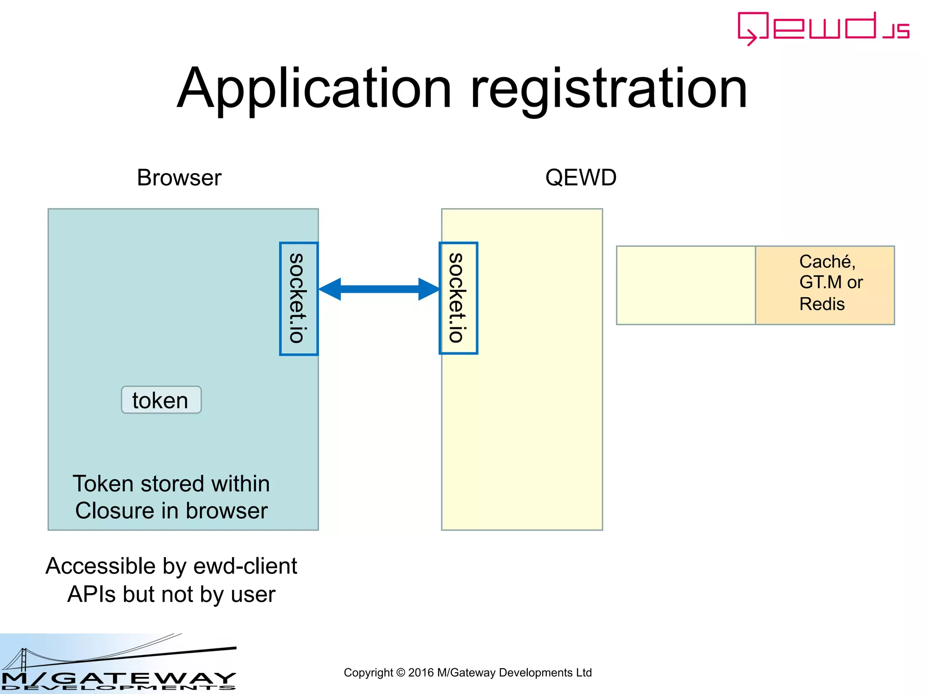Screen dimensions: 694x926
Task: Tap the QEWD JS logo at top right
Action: click(x=823, y=28)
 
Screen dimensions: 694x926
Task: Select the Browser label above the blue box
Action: click(x=179, y=178)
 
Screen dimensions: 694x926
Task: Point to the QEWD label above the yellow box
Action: click(x=581, y=178)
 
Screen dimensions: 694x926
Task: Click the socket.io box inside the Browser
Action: click(x=298, y=299)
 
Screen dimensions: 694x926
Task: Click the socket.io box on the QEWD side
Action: click(x=458, y=298)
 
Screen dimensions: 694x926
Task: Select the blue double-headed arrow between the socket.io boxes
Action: click(x=379, y=289)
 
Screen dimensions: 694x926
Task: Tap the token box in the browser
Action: click(x=161, y=400)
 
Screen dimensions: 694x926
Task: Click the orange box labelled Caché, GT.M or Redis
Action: click(x=825, y=285)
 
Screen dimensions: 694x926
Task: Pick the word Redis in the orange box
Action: click(x=822, y=304)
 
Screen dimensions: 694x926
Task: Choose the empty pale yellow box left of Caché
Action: click(x=685, y=285)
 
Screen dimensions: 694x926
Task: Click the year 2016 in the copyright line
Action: click(x=420, y=673)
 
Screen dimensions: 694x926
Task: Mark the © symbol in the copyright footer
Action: click(x=401, y=673)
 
